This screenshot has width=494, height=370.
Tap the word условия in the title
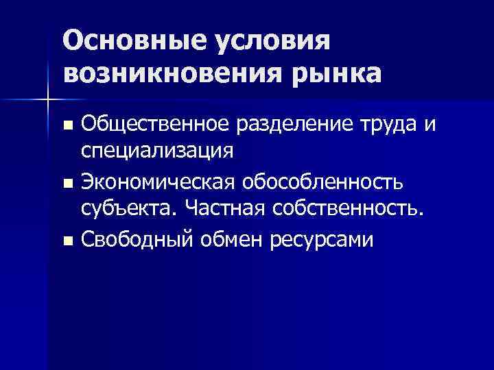pos(274,40)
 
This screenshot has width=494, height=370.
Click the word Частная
pos(227,208)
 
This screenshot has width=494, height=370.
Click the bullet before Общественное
pos(67,125)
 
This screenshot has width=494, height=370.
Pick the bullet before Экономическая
pos(67,183)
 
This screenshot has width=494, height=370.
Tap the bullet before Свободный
pos(67,241)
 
